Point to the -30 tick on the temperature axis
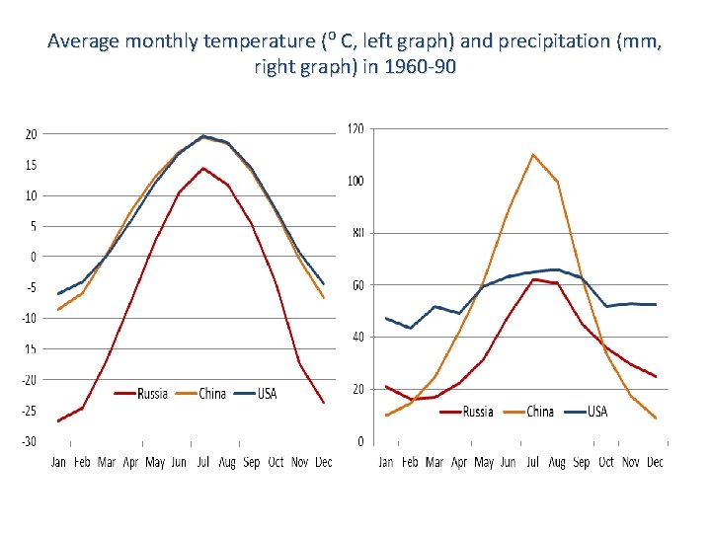tap(30, 441)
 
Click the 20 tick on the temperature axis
tap(32, 134)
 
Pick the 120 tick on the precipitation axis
tap(355, 128)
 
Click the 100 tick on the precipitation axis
tap(355, 181)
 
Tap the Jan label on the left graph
tap(59, 461)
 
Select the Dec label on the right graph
tap(655, 461)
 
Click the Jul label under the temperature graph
tap(203, 461)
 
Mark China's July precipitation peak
tap(533, 154)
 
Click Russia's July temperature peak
tap(203, 168)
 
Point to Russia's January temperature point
tap(59, 420)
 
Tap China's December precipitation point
tap(655, 418)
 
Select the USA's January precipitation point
tap(386, 318)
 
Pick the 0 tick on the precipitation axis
tap(360, 441)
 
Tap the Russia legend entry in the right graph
tap(478, 411)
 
